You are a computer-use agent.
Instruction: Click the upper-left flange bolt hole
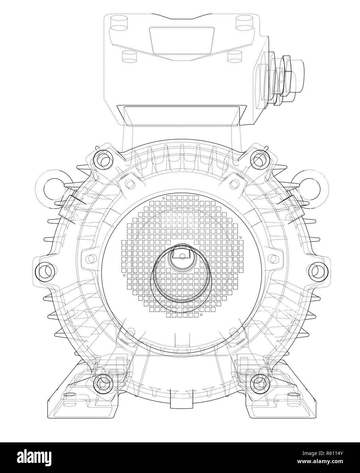point(103,158)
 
